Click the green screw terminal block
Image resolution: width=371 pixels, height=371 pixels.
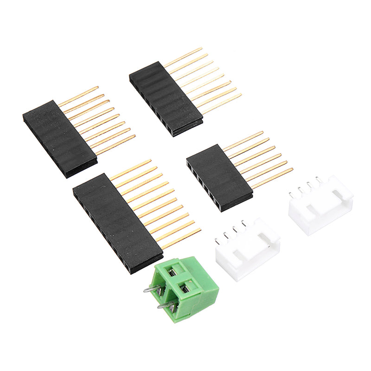[185, 290]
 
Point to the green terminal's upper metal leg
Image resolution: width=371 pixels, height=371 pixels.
[152, 289]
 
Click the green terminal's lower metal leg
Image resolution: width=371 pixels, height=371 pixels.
[165, 306]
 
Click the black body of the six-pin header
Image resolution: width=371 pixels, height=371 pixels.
[219, 178]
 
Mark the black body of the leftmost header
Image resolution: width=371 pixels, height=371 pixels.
[60, 138]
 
